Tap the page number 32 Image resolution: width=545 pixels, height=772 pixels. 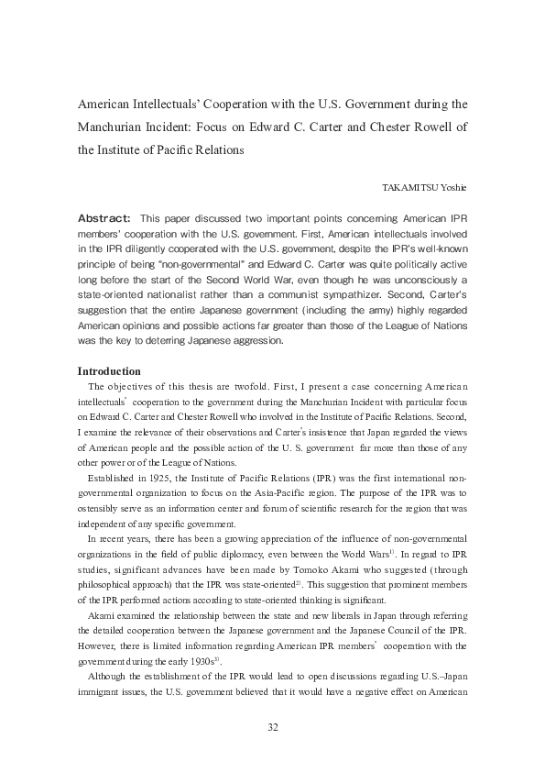272,728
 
